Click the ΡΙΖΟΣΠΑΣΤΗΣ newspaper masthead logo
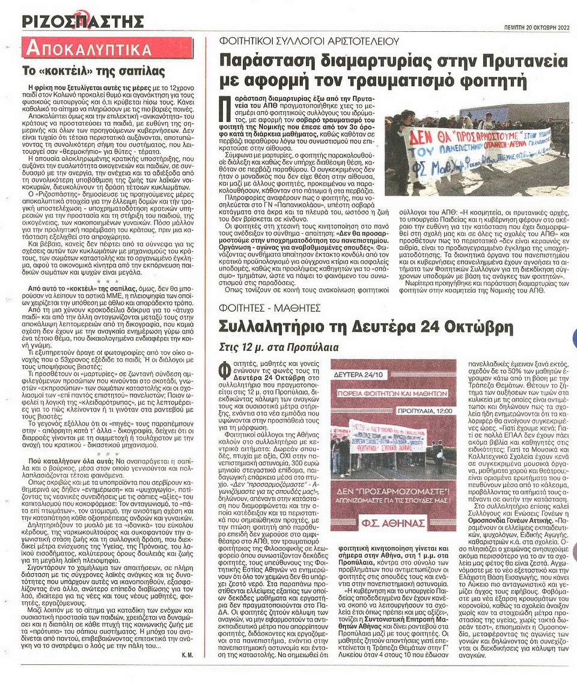[x=83, y=22]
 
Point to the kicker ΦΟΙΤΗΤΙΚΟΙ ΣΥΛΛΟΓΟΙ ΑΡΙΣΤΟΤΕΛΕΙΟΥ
[x=310, y=41]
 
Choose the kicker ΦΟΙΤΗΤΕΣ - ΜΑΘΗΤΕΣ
[x=270, y=308]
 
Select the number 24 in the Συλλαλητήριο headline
[x=439, y=328]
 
